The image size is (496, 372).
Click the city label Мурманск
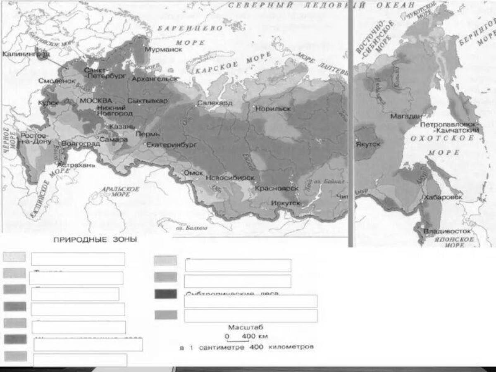tap(163, 50)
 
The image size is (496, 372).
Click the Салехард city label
tap(215, 103)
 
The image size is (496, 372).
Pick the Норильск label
tap(273, 109)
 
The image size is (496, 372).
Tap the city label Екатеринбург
tap(172, 145)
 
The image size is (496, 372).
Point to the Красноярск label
tap(277, 188)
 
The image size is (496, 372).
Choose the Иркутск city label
tap(286, 203)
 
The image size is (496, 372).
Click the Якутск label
tap(368, 144)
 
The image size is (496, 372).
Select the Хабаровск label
tap(442, 198)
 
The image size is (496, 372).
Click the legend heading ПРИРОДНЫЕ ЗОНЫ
tap(95, 240)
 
